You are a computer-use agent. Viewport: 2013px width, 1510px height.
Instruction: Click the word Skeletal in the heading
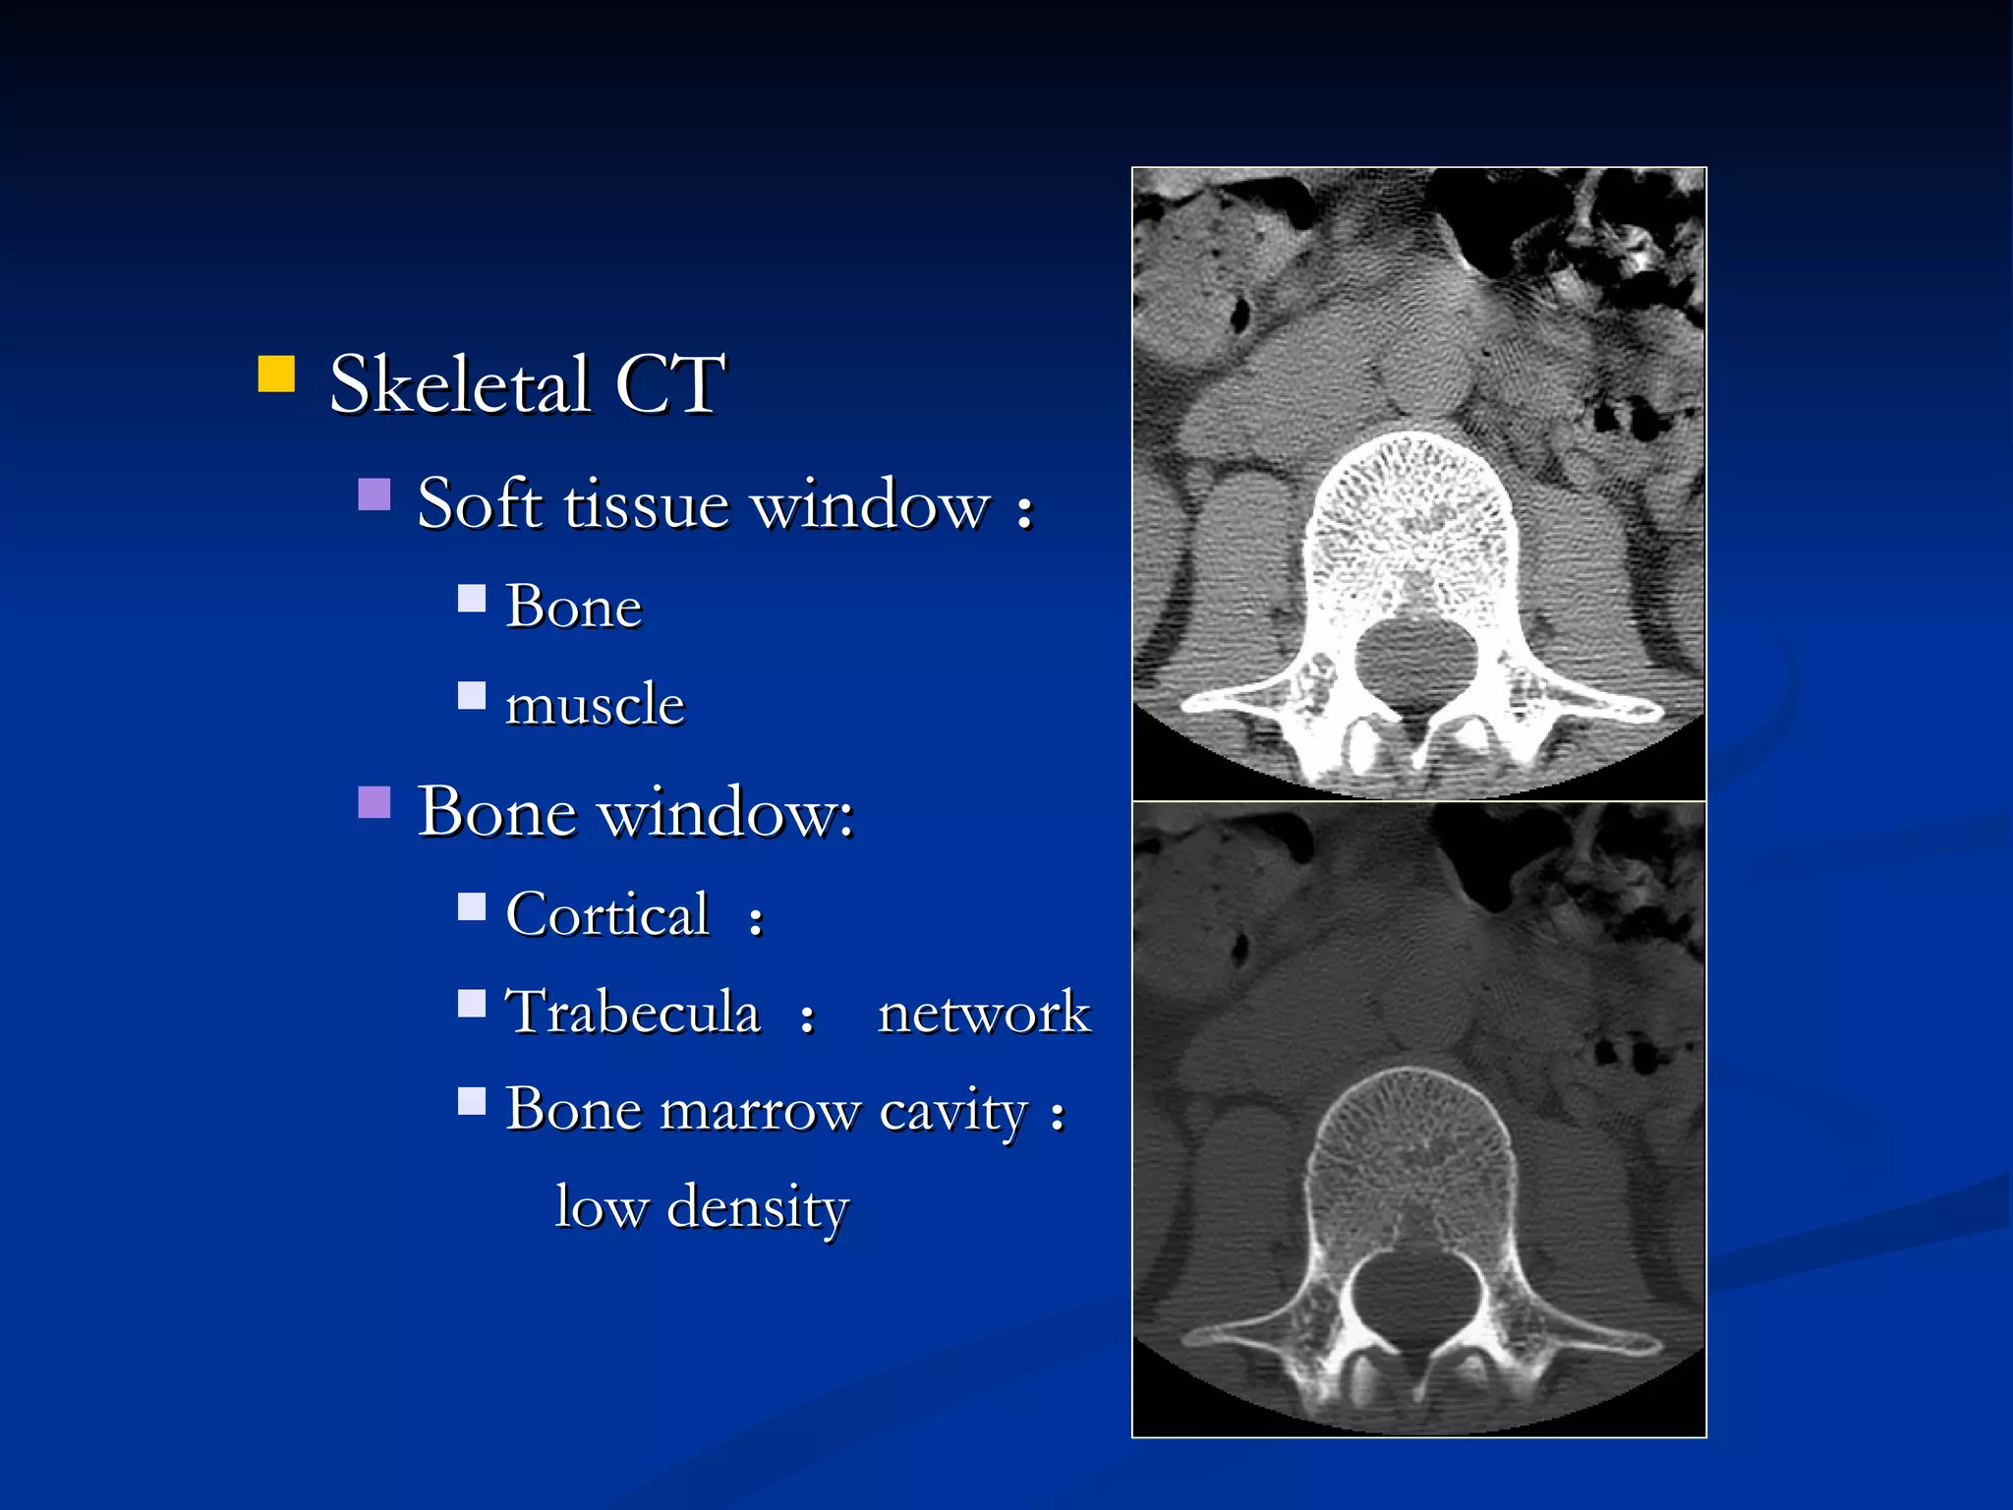pos(459,384)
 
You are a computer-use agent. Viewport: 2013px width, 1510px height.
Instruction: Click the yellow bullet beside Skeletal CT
pos(276,375)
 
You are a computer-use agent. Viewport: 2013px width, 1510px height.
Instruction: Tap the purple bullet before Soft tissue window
pos(374,494)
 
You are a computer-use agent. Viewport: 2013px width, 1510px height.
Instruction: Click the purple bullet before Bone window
pos(374,802)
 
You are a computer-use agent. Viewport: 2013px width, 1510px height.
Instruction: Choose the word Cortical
pos(607,914)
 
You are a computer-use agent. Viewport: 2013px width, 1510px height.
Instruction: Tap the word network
pos(984,1013)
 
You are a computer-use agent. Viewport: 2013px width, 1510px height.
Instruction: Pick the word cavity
pos(952,1113)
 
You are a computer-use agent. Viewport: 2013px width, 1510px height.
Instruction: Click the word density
pos(757,1208)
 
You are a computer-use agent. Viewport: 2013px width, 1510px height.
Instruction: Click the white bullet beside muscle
pos(472,696)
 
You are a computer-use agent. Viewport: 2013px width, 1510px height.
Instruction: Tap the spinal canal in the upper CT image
pos(1415,661)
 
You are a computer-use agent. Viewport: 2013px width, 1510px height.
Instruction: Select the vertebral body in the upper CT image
pos(1411,521)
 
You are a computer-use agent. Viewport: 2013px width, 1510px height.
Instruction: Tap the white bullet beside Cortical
pos(472,906)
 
